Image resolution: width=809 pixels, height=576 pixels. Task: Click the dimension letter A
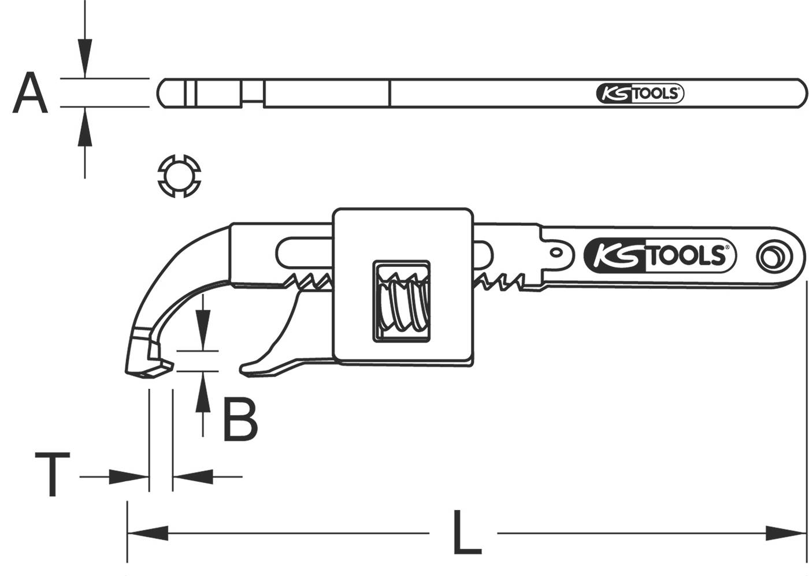point(30,93)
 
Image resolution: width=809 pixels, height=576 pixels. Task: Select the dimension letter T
point(53,475)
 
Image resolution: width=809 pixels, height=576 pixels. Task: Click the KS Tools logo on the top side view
point(640,94)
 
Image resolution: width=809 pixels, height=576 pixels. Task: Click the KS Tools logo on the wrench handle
point(659,255)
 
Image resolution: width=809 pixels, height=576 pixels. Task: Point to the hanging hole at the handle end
point(773,256)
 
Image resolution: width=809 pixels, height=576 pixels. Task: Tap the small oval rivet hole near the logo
point(556,252)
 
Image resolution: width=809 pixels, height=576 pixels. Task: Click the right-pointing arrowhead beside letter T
point(130,477)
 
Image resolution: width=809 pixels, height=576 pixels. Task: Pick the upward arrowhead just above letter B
point(202,392)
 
